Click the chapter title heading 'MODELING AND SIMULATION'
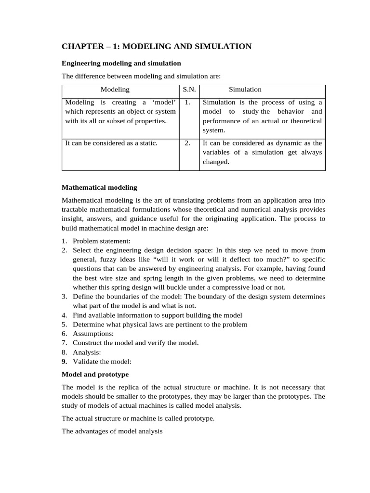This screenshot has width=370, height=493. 157,46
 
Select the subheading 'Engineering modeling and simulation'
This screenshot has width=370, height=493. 121,63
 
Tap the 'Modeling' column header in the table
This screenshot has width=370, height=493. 115,90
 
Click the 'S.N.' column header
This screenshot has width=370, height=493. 189,90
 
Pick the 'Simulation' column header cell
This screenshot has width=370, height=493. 245,90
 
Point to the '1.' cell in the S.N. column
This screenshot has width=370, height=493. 188,103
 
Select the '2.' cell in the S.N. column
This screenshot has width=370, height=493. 188,143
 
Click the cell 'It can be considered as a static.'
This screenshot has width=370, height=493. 111,143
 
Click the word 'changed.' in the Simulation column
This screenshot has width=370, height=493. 216,162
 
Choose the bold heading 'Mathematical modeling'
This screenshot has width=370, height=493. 100,187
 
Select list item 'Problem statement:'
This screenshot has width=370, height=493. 102,241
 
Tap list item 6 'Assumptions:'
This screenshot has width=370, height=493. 93,334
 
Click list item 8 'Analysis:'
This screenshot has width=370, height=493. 87,352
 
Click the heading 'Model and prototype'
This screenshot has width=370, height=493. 95,374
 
